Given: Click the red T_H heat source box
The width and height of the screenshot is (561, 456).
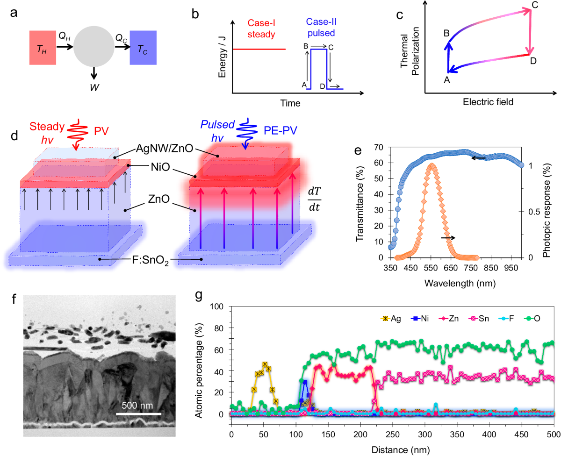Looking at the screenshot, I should tap(43, 48).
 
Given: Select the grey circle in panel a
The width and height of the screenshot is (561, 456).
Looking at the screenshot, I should tap(94, 47).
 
